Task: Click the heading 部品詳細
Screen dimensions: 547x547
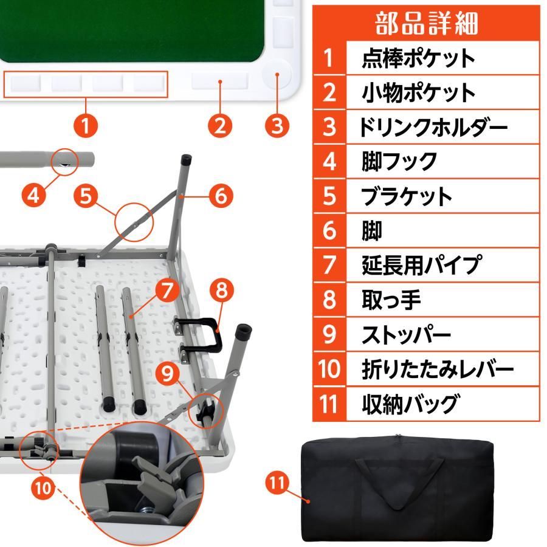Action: (x=427, y=22)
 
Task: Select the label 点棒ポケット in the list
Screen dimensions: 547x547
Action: (x=418, y=58)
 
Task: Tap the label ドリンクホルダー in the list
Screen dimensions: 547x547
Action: (x=433, y=127)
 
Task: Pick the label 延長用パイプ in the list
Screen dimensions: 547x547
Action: (x=421, y=265)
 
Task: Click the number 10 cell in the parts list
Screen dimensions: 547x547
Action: (x=329, y=369)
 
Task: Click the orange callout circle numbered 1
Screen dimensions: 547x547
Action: (x=86, y=126)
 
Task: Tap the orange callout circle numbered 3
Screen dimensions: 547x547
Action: (x=277, y=126)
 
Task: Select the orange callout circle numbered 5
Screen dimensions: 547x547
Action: (x=87, y=195)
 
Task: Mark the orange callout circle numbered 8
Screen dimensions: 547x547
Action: (x=221, y=291)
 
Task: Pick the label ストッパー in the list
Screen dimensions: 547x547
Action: (x=406, y=334)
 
